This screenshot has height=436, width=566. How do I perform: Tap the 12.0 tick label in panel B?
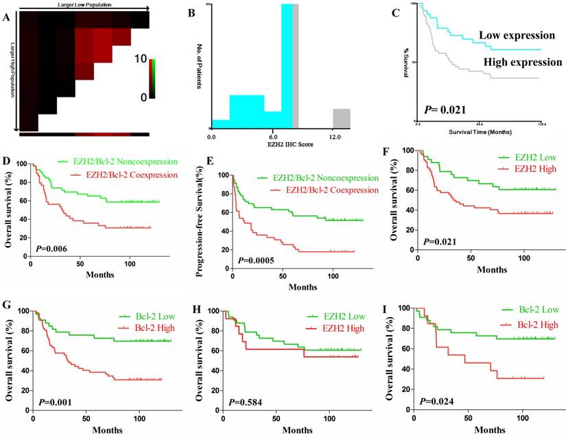(x=335, y=138)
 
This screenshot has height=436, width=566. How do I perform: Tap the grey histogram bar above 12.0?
(x=341, y=118)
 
